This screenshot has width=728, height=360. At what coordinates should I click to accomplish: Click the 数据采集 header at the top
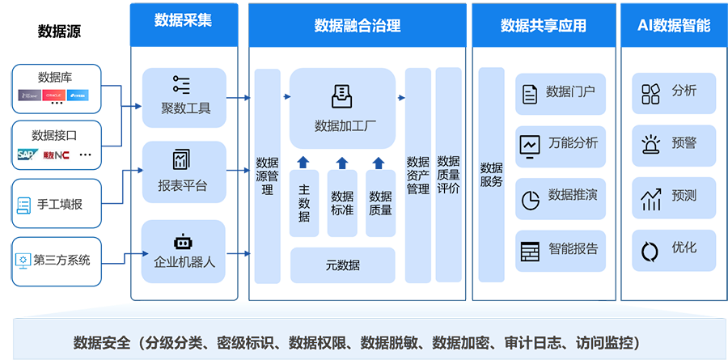click(183, 20)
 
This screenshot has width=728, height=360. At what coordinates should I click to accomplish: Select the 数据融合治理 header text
click(357, 26)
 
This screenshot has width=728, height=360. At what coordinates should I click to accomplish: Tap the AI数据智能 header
click(674, 26)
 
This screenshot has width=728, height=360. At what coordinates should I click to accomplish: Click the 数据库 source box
click(56, 88)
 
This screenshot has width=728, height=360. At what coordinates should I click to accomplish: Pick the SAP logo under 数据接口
click(28, 154)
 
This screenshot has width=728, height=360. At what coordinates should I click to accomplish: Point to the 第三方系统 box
click(56, 260)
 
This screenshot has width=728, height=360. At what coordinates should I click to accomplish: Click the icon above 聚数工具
click(182, 85)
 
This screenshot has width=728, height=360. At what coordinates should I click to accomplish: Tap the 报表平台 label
click(183, 186)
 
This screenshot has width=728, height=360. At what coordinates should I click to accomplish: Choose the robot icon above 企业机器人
click(183, 241)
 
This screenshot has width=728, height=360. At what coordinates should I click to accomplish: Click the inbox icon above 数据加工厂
click(342, 97)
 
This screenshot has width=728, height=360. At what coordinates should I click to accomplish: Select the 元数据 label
click(343, 265)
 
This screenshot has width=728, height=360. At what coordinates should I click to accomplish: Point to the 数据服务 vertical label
click(492, 175)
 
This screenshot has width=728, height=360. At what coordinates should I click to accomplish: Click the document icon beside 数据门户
click(529, 94)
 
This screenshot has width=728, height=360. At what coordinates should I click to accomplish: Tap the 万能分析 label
click(573, 143)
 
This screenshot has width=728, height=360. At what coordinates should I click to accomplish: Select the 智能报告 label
click(573, 249)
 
